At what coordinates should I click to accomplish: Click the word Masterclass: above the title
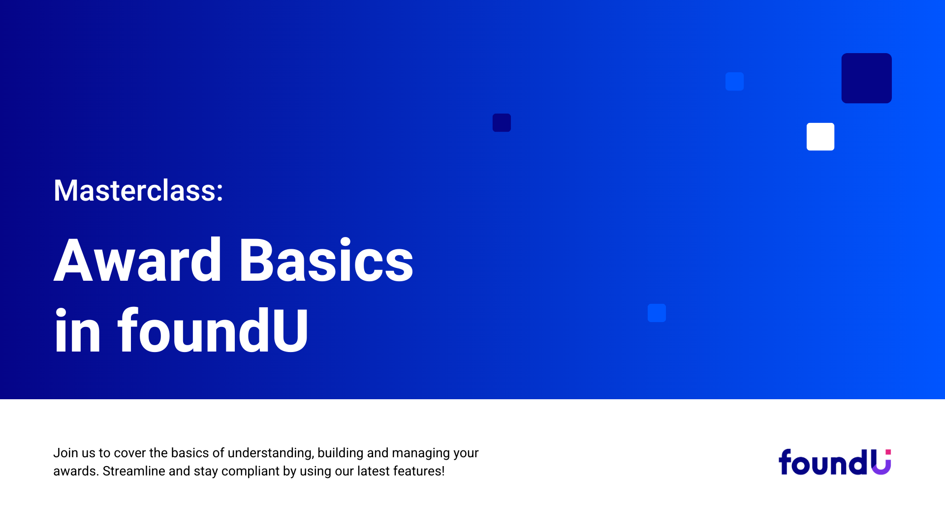tap(138, 190)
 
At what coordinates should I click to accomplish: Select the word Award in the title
tap(138, 260)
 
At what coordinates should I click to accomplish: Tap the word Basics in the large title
tap(326, 260)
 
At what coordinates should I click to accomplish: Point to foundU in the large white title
tap(213, 330)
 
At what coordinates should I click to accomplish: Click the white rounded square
tap(820, 137)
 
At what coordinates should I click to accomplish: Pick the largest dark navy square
tap(867, 78)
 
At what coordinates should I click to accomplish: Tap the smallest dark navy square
tap(502, 122)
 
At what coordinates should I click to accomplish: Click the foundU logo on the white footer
tap(835, 462)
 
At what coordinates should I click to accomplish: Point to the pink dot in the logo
tap(888, 452)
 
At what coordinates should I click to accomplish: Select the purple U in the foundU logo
tap(881, 464)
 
